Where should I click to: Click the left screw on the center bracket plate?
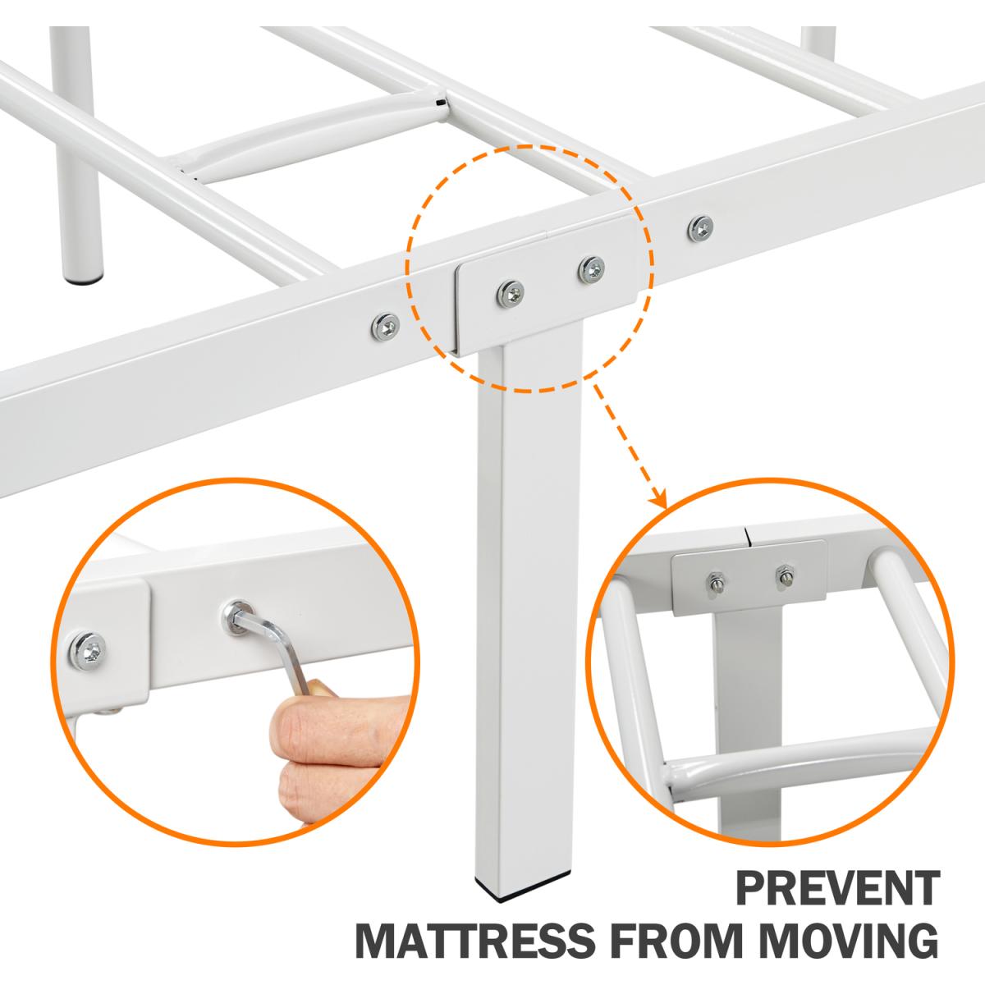510,295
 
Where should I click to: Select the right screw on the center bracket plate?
591,270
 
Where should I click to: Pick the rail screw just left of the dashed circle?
386,328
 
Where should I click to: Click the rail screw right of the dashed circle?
700,228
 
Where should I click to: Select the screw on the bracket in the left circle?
89,651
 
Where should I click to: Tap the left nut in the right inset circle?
715,583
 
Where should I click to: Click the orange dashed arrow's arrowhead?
661,497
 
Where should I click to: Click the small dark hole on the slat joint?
438,103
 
